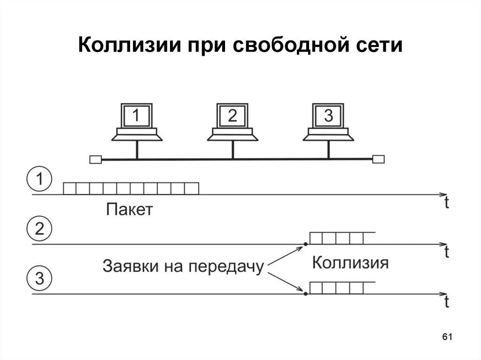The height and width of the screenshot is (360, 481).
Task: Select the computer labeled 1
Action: (x=137, y=121)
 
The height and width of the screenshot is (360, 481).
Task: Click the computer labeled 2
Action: (x=233, y=121)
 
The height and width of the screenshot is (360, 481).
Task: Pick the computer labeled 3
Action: (x=328, y=121)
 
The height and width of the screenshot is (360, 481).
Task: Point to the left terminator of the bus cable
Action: (x=95, y=160)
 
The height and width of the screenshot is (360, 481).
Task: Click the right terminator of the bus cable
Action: (x=378, y=160)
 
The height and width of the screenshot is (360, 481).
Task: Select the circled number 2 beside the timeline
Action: (x=40, y=230)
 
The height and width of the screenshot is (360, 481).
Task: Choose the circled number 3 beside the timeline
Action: (x=40, y=279)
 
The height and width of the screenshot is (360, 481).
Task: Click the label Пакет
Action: (x=130, y=209)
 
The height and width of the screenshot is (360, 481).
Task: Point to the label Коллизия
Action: (x=350, y=263)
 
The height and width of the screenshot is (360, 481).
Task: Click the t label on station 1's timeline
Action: (x=446, y=203)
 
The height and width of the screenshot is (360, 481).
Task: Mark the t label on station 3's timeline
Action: (x=446, y=302)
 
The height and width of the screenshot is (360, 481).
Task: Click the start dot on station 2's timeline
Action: (x=305, y=244)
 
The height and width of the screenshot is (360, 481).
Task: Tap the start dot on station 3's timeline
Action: (x=305, y=294)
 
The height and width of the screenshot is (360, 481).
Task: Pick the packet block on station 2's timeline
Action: (x=337, y=238)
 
